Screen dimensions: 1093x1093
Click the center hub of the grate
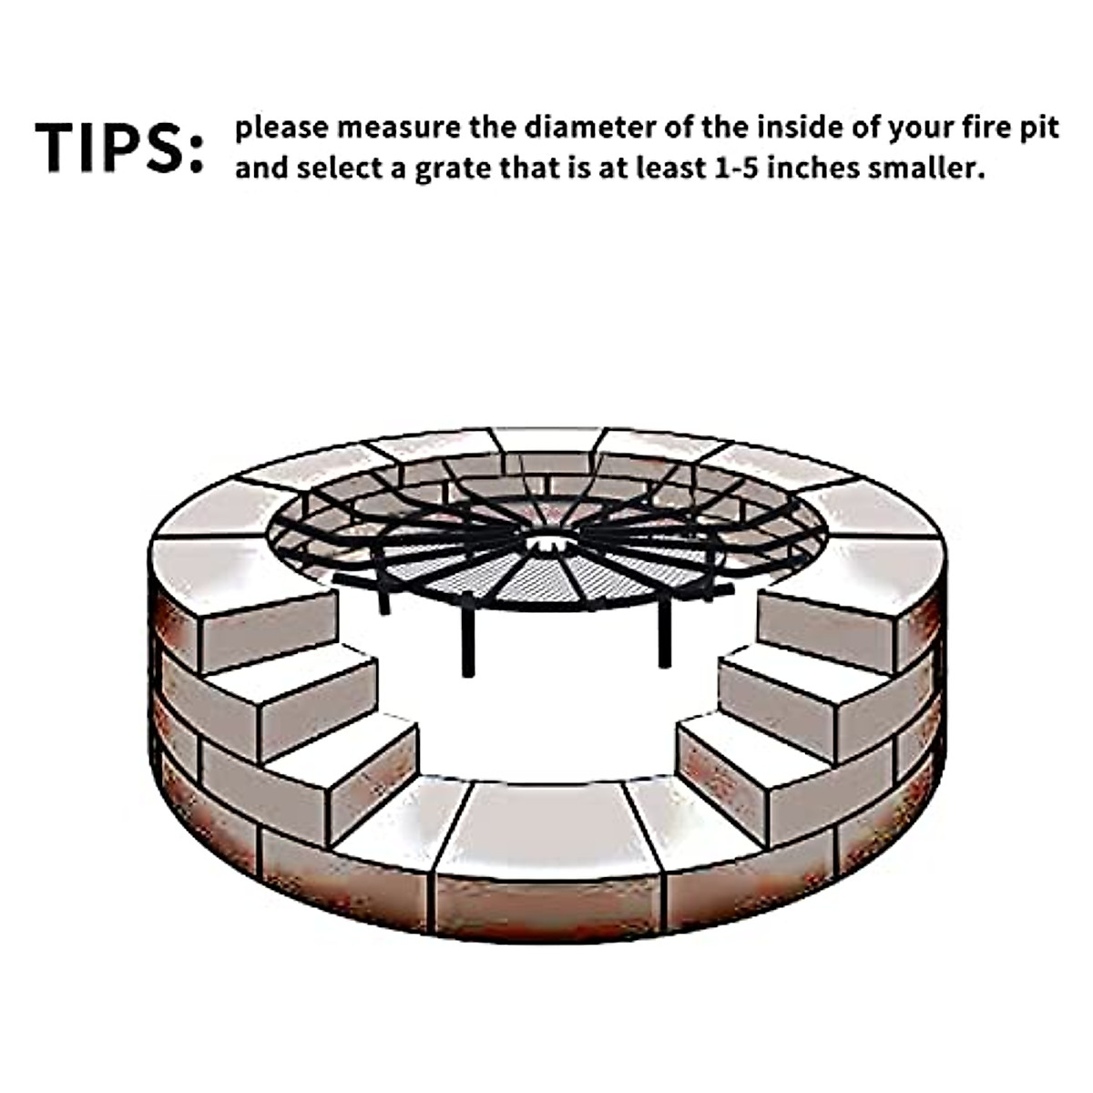click(546, 544)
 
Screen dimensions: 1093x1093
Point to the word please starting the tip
click(281, 129)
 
